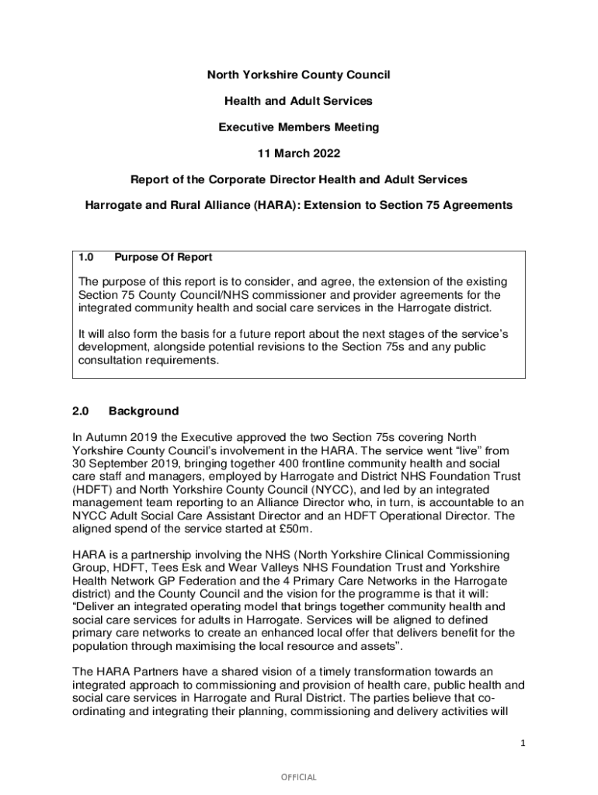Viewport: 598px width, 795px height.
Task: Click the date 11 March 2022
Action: pos(299,153)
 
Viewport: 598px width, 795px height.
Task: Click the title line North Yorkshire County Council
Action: pos(299,75)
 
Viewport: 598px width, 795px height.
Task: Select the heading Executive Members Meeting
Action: pos(299,127)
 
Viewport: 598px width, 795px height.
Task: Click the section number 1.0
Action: pos(86,257)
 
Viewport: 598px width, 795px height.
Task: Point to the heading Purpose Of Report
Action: pos(163,257)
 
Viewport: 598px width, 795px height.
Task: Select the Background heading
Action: pos(144,411)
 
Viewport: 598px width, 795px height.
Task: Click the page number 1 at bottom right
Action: pos(523,744)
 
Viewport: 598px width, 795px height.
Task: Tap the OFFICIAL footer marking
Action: pos(299,777)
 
